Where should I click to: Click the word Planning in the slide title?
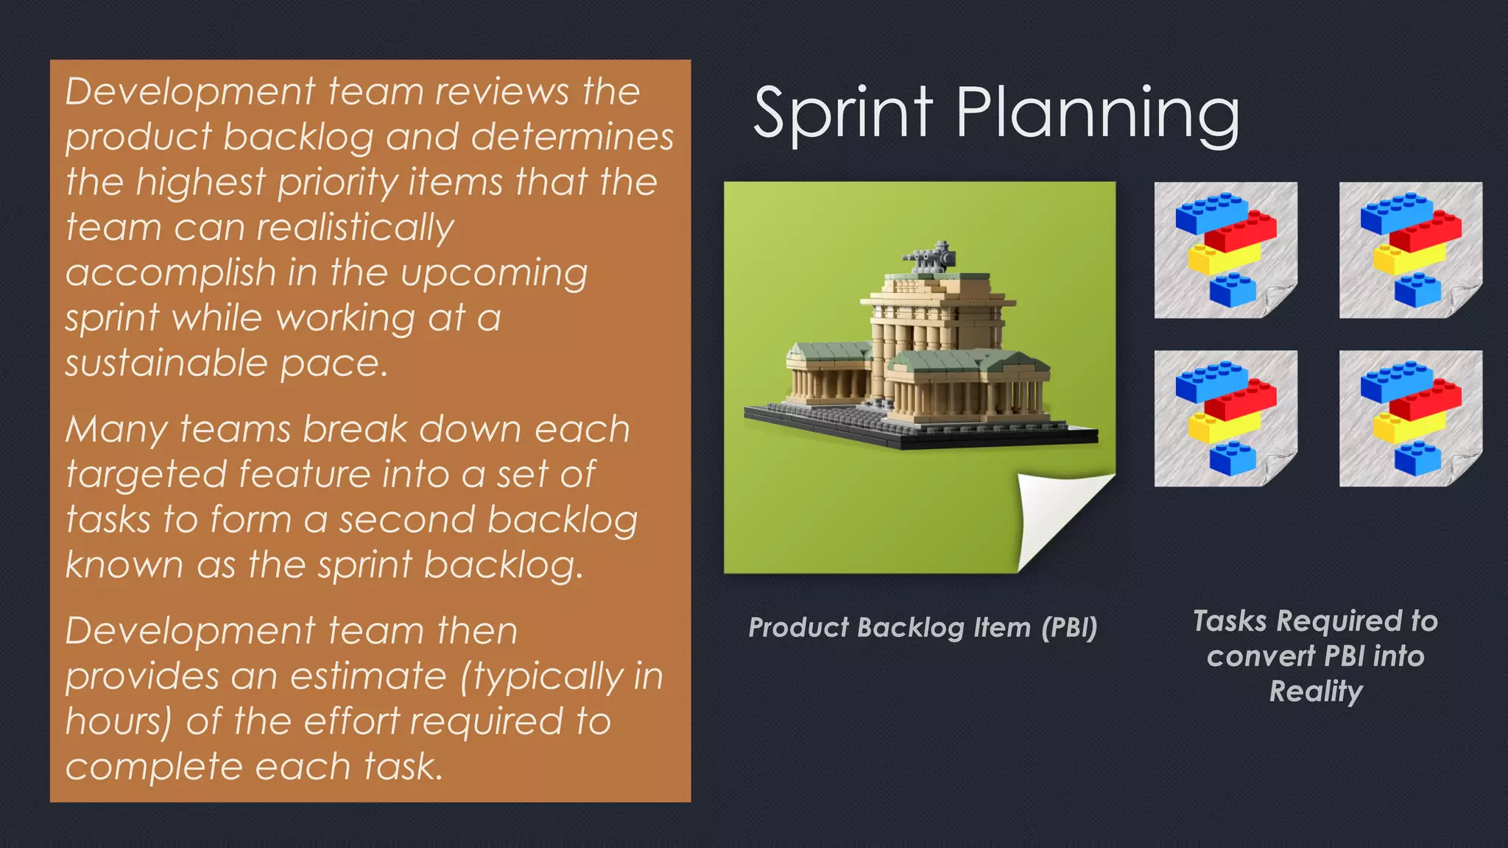[x=1097, y=114]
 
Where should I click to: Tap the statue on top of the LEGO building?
[x=929, y=257]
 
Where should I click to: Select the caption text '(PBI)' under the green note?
[x=1069, y=627]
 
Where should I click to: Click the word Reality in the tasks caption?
[x=1316, y=691]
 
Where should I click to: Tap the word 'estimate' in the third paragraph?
[x=368, y=676]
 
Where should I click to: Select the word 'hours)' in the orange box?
[x=118, y=721]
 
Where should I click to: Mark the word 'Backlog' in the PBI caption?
[x=910, y=627]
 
